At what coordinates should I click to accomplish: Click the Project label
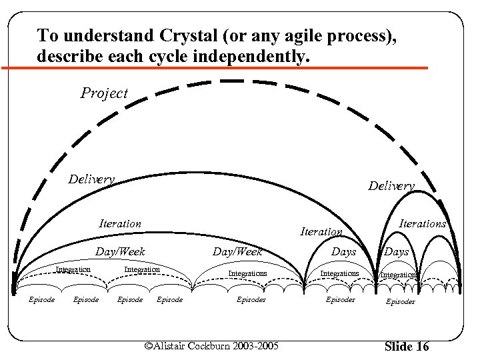coord(104,93)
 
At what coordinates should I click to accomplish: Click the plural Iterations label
coord(422,224)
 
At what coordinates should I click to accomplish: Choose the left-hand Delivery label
coord(92,179)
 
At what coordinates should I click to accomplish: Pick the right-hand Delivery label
coord(391,186)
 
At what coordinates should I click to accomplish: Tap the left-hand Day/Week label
coord(120,252)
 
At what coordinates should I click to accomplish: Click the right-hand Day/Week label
coord(237,252)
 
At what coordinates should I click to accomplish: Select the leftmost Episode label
coord(41,300)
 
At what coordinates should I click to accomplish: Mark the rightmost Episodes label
coord(400,301)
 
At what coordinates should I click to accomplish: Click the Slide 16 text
coord(407,347)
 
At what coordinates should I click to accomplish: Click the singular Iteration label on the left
coord(120,224)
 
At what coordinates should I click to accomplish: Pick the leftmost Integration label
coord(73,269)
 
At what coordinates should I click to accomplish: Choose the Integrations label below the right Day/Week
coord(247,273)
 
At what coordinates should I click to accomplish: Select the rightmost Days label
coord(397,252)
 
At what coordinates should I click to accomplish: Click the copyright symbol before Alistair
coord(149,346)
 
